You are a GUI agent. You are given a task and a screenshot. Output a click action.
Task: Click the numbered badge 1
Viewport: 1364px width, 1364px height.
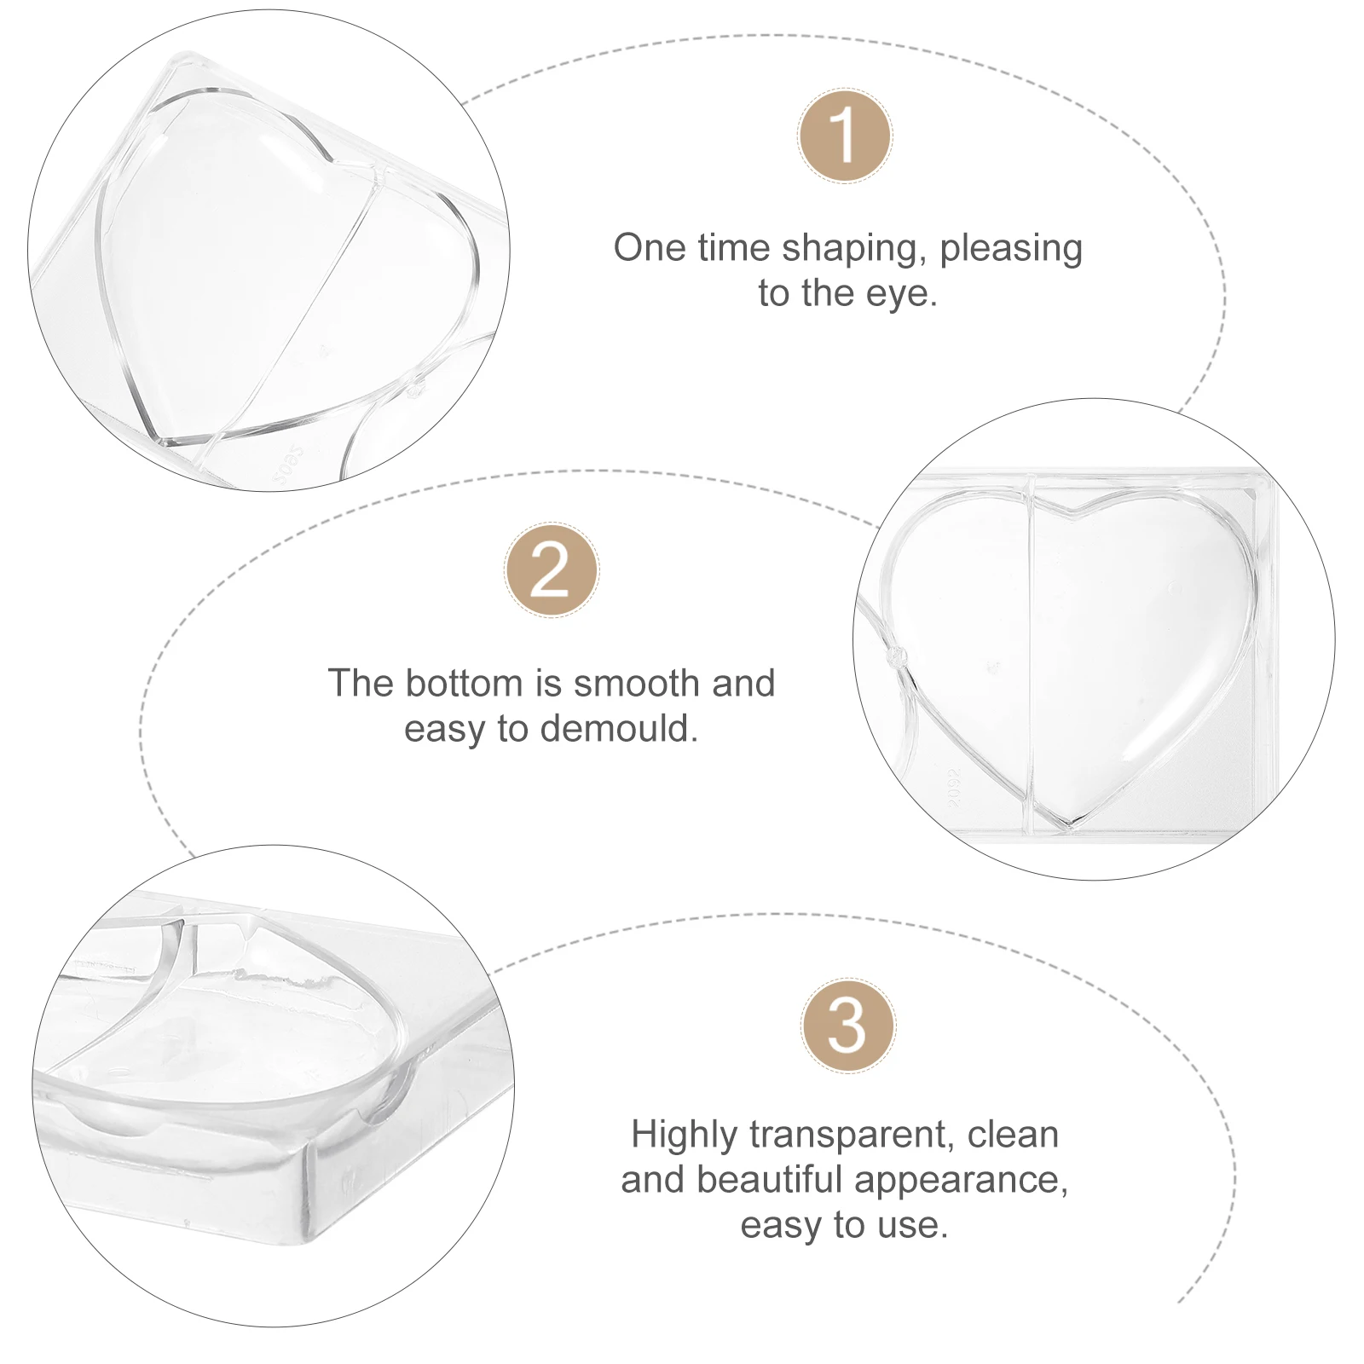click(845, 136)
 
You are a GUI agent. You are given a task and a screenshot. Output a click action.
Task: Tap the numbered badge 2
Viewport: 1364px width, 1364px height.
click(552, 570)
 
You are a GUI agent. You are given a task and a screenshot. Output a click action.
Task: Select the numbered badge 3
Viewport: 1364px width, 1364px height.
click(847, 1026)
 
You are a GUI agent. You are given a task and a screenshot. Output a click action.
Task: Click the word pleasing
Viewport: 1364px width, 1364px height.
click(1011, 249)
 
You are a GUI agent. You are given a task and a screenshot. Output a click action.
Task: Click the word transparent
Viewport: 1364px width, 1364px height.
click(853, 1136)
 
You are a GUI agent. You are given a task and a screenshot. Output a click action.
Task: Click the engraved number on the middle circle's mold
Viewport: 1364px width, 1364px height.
click(955, 786)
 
